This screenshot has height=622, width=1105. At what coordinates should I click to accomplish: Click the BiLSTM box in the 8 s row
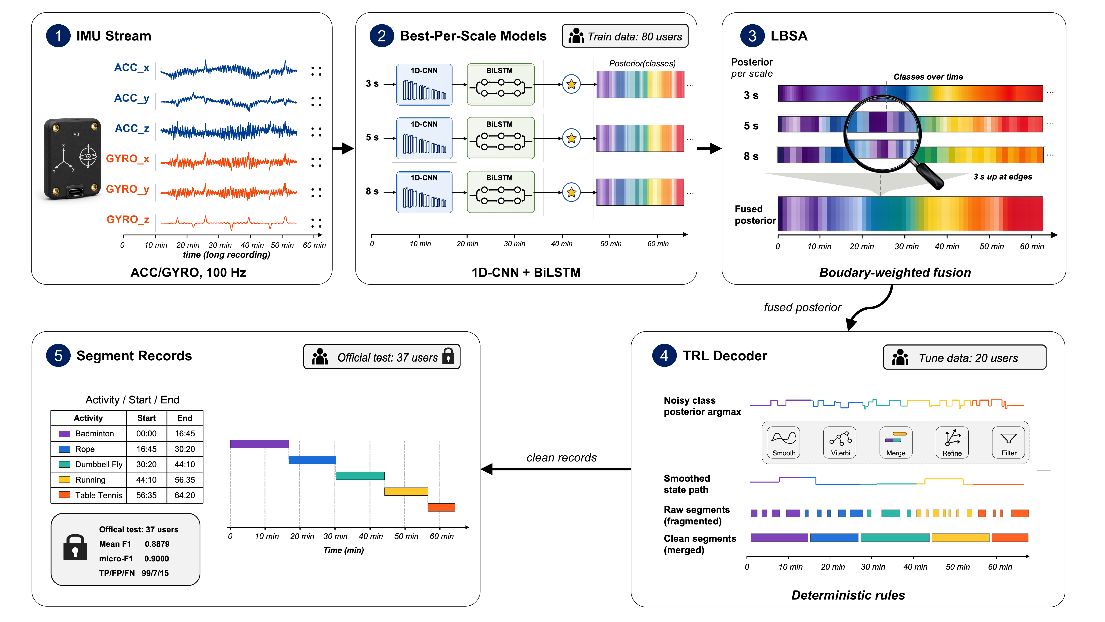501,192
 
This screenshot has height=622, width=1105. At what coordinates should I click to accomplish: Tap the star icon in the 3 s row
571,84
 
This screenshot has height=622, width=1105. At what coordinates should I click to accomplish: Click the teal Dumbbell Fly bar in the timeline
360,476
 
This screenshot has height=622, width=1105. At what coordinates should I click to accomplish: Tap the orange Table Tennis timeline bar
441,507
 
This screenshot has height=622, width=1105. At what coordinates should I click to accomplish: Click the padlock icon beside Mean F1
75,547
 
